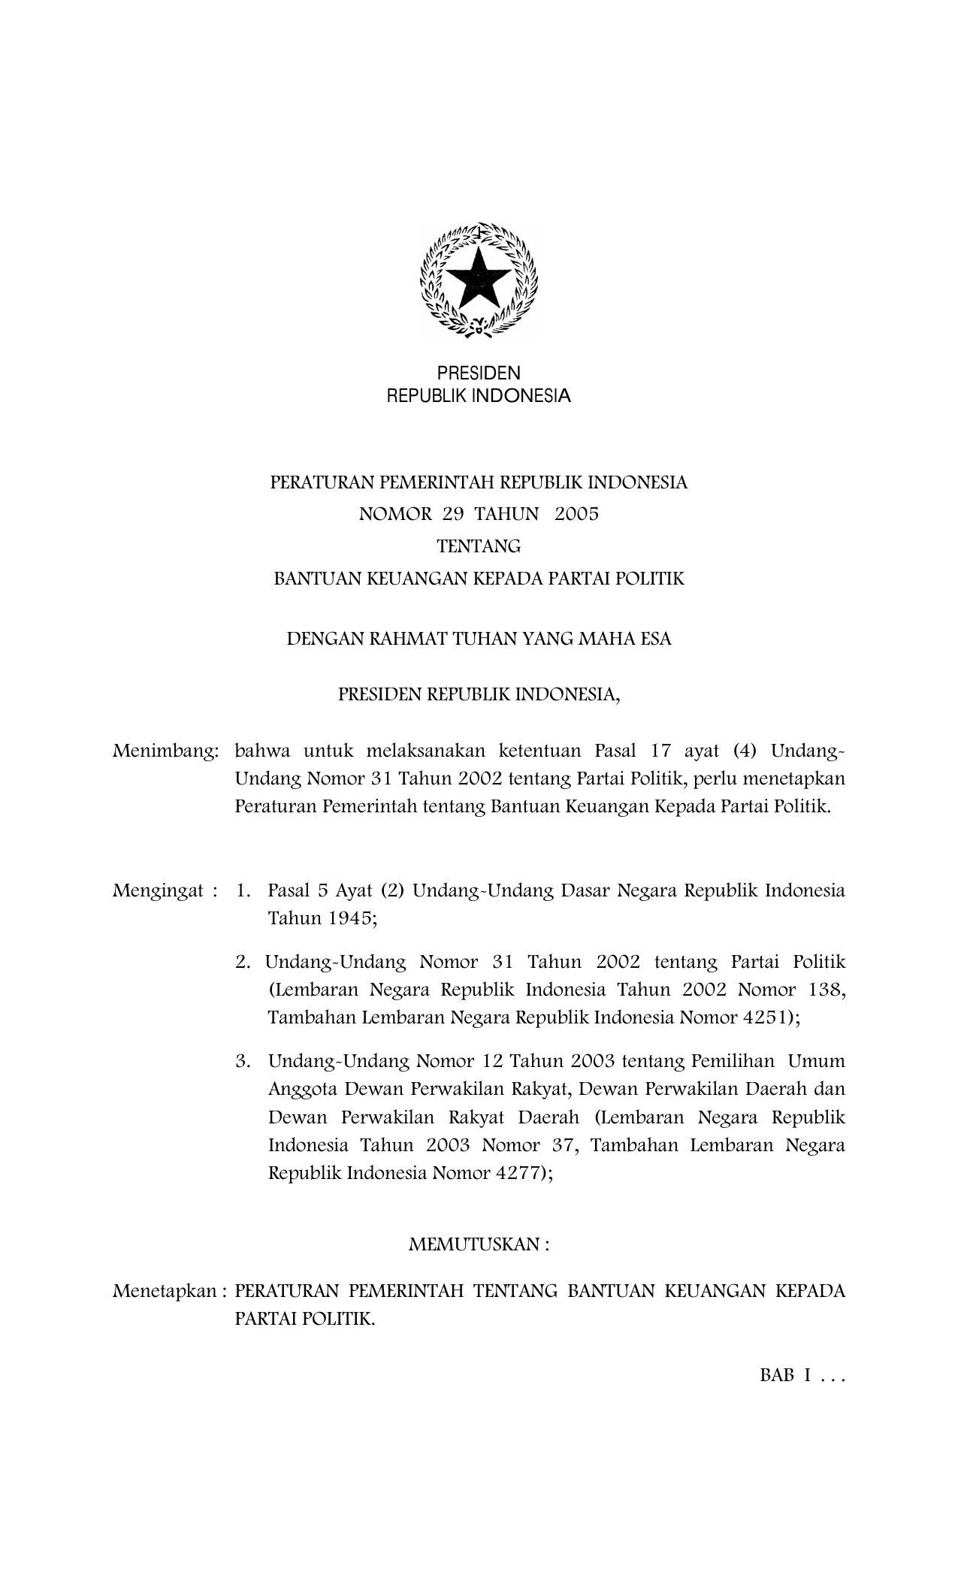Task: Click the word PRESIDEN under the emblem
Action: pyautogui.click(x=479, y=373)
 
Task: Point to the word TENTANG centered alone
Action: pyautogui.click(x=479, y=547)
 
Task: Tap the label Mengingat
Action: pyautogui.click(x=159, y=892)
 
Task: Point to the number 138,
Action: pyautogui.click(x=829, y=990)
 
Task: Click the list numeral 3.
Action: pyautogui.click(x=242, y=1062)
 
